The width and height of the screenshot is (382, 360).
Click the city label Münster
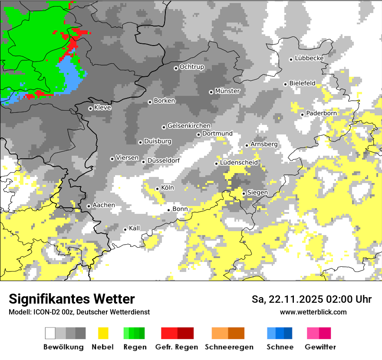pos(227,91)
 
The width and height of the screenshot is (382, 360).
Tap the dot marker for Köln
pos(157,189)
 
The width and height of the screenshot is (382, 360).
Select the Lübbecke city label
pos(310,58)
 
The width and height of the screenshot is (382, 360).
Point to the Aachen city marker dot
pos(89,206)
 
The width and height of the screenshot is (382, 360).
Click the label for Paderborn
pos(321,113)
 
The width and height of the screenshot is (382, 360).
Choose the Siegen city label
pos(258,193)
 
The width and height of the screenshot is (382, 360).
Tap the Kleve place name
pos(102,108)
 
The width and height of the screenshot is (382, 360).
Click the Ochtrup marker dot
pos(176,68)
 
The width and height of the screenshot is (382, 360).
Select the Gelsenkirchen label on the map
pos(189,126)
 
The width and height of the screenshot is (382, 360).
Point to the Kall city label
pos(135,228)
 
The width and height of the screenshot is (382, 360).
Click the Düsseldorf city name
pos(164,160)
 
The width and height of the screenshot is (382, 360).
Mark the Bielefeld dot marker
pos(286,84)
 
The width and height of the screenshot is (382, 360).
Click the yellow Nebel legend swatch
pos(103,333)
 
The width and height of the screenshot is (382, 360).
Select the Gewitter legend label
pos(320,347)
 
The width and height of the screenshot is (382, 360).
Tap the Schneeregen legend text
pos(229,347)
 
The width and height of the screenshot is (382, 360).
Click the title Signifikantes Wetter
pos(72,299)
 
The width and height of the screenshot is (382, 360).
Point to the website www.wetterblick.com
pos(313,312)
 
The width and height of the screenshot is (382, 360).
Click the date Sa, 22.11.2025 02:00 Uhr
pos(311,299)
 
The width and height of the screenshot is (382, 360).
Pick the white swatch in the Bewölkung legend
pos(50,333)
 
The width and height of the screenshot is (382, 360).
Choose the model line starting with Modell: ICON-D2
pos(79,312)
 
